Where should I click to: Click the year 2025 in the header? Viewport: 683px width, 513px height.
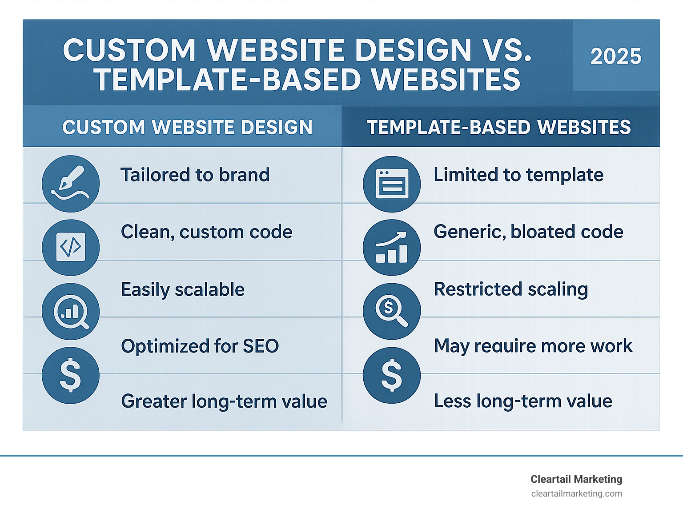616,56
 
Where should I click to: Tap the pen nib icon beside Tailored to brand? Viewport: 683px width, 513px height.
71,184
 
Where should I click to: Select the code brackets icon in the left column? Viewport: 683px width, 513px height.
71,248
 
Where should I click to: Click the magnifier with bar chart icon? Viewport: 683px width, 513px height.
71,312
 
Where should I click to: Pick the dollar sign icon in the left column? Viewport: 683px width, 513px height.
71,375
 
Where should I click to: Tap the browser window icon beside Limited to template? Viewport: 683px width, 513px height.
392,184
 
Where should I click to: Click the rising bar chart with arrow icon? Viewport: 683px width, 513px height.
392,248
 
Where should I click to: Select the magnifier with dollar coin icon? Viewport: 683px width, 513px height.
392,312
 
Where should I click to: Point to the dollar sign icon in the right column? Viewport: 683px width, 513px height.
392,376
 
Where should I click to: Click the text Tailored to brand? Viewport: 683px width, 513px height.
195,175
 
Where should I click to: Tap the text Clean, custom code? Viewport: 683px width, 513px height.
207,232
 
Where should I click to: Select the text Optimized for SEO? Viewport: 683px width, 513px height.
200,346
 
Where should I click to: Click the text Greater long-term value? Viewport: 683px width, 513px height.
224,401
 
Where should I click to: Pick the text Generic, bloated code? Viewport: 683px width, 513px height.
528,232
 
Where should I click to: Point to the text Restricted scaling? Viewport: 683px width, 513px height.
511,289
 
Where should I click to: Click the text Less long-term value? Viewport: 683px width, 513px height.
523,401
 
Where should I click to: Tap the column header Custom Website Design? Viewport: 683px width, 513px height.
187,127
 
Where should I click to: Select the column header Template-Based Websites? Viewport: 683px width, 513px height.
499,127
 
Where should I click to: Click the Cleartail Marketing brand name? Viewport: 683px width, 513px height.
576,479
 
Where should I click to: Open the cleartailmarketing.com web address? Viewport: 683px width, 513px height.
577,494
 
